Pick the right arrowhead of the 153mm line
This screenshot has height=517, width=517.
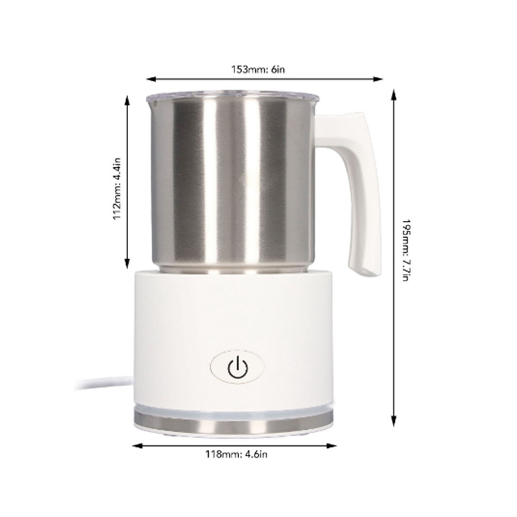(381, 79)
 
